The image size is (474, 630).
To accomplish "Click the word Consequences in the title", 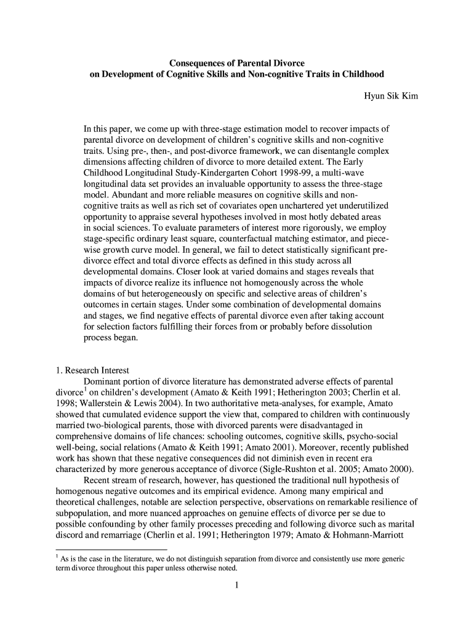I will point(198,63).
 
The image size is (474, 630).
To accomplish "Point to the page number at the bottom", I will point(237,584).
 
